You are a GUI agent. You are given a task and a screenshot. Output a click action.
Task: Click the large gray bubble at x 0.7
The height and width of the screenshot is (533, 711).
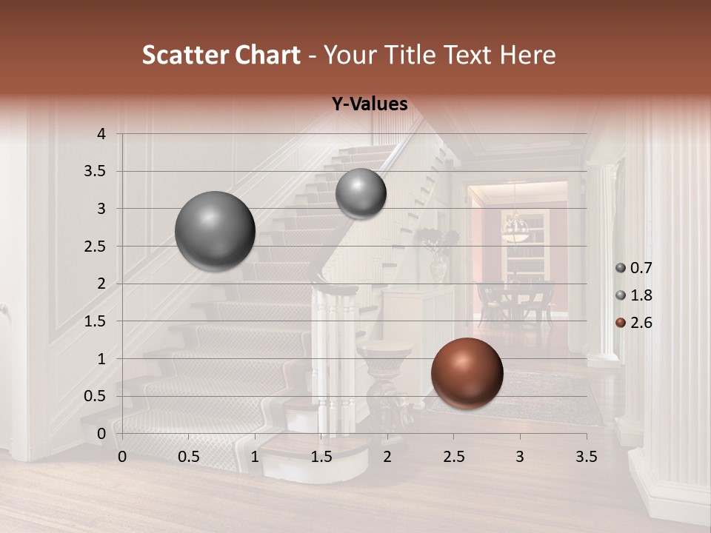pyautogui.click(x=216, y=231)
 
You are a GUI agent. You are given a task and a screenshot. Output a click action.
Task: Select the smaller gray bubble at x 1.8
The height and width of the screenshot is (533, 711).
pyautogui.click(x=361, y=193)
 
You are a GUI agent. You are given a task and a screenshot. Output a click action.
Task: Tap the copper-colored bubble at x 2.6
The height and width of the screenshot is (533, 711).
pyautogui.click(x=467, y=373)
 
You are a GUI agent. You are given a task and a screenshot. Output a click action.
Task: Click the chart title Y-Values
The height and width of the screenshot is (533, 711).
pyautogui.click(x=370, y=104)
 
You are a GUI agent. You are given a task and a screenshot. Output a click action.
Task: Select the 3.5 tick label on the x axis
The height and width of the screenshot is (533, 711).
pyautogui.click(x=586, y=457)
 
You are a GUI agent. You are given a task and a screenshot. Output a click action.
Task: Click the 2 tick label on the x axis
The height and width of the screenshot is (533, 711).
pyautogui.click(x=387, y=457)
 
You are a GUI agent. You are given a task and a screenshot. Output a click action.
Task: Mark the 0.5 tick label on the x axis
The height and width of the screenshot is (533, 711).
pyautogui.click(x=188, y=457)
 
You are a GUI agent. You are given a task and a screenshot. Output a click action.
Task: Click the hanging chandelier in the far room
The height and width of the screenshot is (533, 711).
pyautogui.click(x=515, y=227)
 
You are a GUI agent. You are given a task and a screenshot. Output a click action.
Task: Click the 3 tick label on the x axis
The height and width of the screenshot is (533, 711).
pyautogui.click(x=519, y=457)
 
